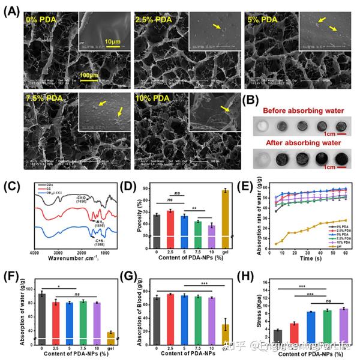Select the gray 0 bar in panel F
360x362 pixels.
pos(41,315)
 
